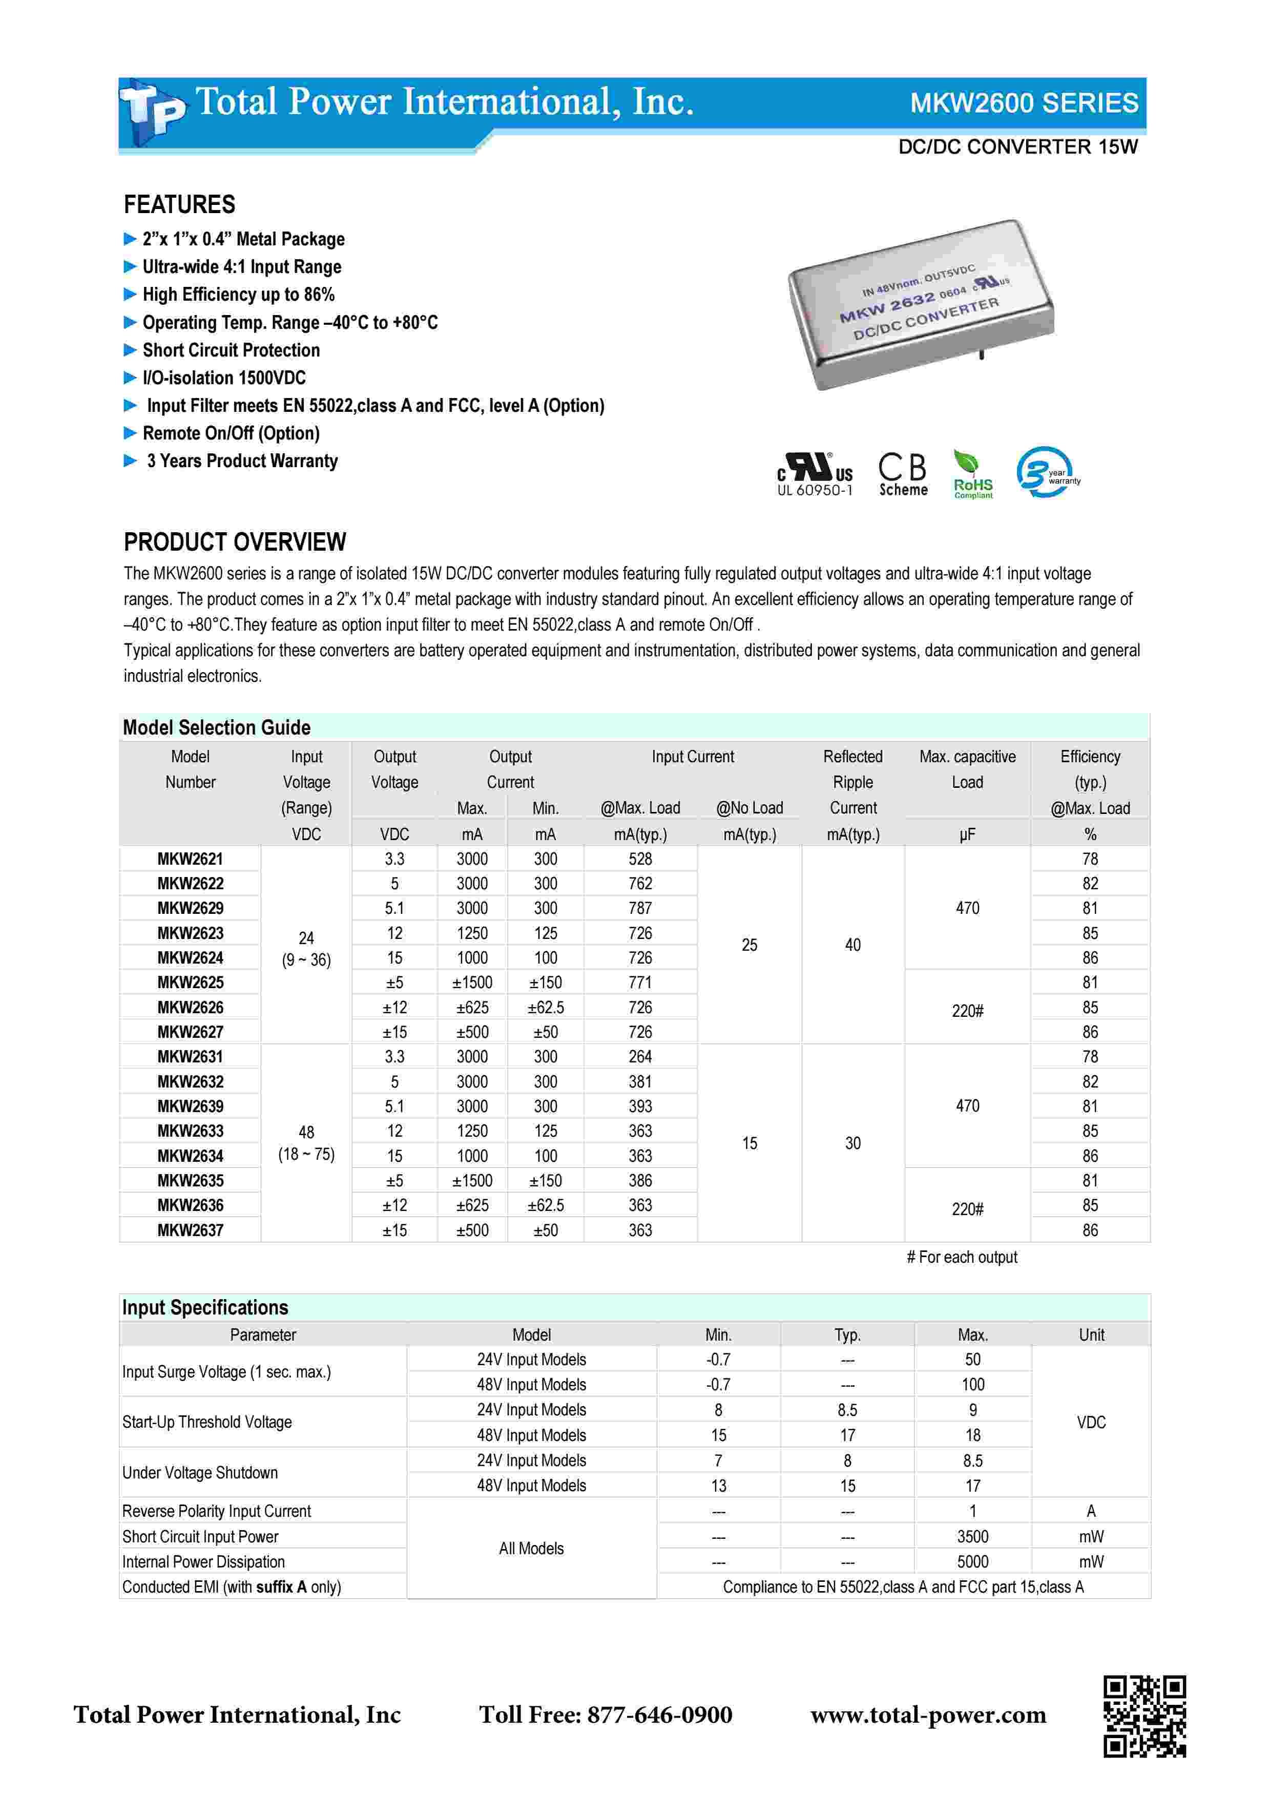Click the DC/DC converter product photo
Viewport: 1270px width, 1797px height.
(x=921, y=304)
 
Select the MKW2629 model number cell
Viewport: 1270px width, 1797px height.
(x=190, y=908)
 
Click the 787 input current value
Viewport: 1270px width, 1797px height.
(x=640, y=908)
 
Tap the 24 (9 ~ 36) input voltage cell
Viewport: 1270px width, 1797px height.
(x=306, y=949)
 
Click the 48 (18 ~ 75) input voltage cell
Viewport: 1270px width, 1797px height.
(x=306, y=1143)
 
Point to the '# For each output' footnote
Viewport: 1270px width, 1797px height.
(x=962, y=1257)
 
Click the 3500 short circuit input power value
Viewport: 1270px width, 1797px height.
(x=973, y=1536)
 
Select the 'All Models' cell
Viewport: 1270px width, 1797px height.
(x=531, y=1548)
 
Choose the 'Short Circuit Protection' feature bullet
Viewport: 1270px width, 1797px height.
(x=231, y=350)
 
